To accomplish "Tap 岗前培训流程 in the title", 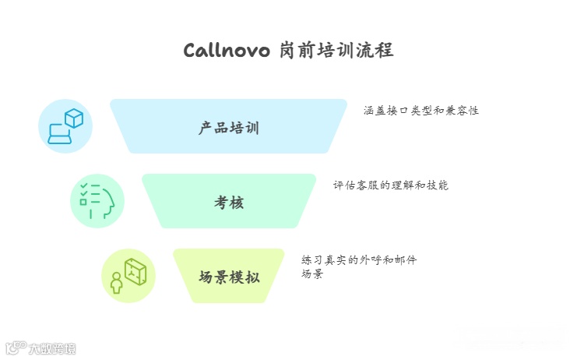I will [x=336, y=51].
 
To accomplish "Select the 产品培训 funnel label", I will [x=229, y=128].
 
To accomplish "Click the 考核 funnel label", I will [x=229, y=203].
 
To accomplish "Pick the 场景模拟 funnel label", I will [x=229, y=277].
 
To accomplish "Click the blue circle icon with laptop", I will [x=65, y=126].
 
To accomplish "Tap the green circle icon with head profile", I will [x=97, y=201].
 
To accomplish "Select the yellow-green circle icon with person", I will [x=128, y=276].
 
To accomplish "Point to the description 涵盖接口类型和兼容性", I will [x=420, y=111].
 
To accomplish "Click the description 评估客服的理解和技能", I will [x=390, y=185].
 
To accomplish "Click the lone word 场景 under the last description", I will [x=312, y=274].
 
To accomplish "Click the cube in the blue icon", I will [x=74, y=118].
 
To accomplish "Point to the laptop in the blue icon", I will [x=59, y=134].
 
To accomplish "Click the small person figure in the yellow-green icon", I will [x=117, y=283].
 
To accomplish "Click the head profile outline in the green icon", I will [x=107, y=203].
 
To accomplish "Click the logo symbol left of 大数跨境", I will [x=16, y=348].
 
